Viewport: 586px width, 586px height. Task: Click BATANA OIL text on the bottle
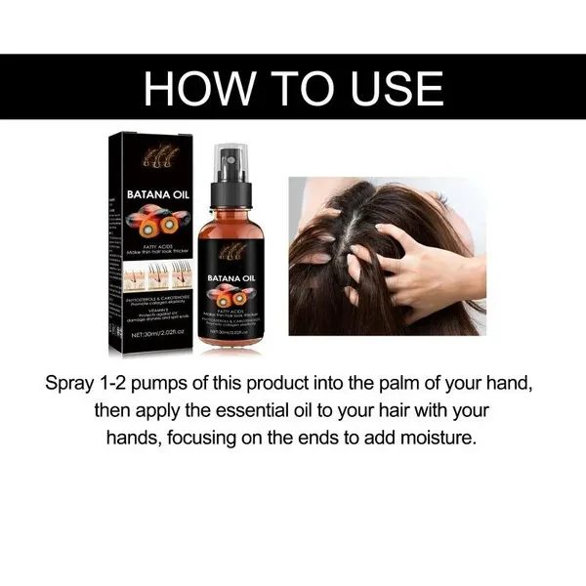230,280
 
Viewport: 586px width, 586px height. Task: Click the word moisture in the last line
439,438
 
